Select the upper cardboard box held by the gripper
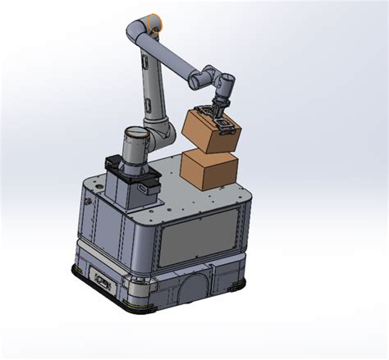(207, 131)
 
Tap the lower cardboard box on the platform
(209, 170)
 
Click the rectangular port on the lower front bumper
(103, 280)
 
